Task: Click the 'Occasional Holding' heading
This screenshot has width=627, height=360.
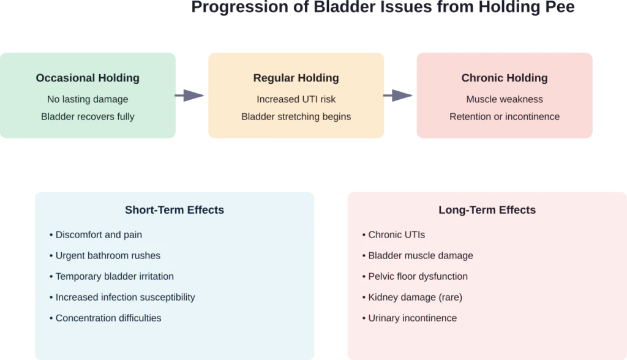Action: click(x=88, y=78)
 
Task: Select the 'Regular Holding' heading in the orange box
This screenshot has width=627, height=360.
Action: click(x=296, y=78)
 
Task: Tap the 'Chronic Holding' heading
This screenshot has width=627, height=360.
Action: click(x=504, y=78)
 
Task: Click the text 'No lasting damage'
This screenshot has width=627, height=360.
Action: click(x=88, y=99)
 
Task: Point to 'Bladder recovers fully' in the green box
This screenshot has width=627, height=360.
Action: click(x=88, y=116)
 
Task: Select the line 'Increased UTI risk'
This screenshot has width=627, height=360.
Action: click(x=296, y=99)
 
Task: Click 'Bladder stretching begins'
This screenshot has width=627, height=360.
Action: click(x=296, y=116)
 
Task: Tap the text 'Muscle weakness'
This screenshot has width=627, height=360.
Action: click(x=504, y=99)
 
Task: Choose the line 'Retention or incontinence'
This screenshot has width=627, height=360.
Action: click(x=504, y=116)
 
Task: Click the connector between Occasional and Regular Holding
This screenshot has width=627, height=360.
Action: click(x=191, y=96)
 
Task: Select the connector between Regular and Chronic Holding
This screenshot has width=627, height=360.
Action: click(x=400, y=96)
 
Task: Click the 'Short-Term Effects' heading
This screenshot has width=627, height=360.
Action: click(x=175, y=210)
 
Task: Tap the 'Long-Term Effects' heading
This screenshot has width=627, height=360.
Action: click(x=487, y=210)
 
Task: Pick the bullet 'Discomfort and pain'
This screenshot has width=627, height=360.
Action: click(x=99, y=235)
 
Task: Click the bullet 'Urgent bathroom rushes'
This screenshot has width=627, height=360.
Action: click(x=108, y=256)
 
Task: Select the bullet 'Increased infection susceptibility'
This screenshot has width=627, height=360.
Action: click(x=125, y=298)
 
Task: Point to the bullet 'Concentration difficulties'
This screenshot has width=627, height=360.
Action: click(x=108, y=318)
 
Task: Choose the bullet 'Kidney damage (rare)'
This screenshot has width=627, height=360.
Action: click(x=415, y=298)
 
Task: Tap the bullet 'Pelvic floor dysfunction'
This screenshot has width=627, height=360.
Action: click(x=418, y=277)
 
